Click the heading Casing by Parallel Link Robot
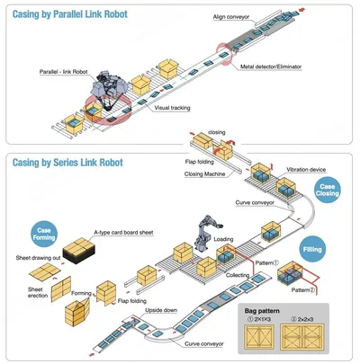(70, 14)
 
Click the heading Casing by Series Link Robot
(67, 163)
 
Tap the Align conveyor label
(231, 17)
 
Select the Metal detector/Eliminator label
(271, 67)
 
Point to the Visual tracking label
(172, 108)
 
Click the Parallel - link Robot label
(64, 72)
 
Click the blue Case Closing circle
(327, 190)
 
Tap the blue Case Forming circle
(44, 234)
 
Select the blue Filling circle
(312, 249)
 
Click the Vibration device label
(306, 170)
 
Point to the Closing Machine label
(204, 173)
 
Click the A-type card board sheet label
(123, 232)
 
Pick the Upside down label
(161, 310)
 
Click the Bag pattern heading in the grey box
(262, 311)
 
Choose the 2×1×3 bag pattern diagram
(259, 337)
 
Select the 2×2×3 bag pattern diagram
(302, 337)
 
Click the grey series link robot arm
(207, 233)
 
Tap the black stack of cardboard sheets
(79, 251)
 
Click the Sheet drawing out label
(38, 258)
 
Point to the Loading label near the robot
(223, 239)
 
